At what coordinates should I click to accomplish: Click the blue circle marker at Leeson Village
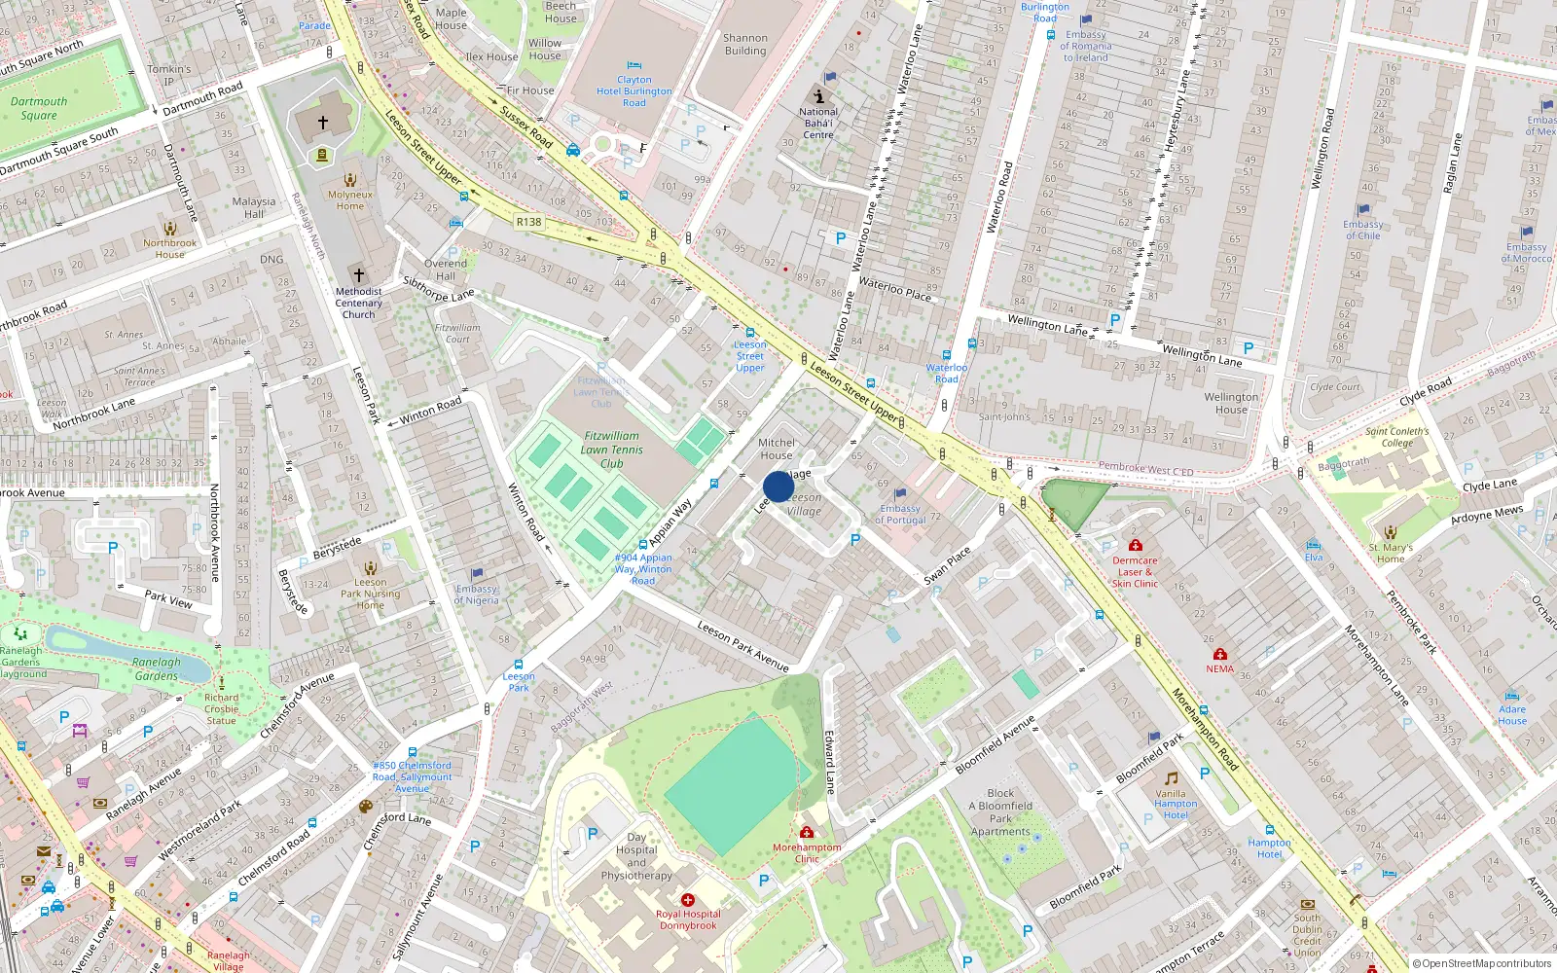[x=778, y=486]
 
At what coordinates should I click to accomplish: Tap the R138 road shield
[x=528, y=222]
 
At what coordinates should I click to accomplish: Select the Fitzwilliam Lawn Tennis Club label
[x=611, y=450]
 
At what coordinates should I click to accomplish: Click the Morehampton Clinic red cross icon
[x=807, y=832]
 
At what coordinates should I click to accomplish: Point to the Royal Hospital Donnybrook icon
[x=688, y=900]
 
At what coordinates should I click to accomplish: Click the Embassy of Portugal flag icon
[x=900, y=494]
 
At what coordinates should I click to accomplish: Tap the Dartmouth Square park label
[x=39, y=108]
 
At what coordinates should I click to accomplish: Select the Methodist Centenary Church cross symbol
[x=358, y=275]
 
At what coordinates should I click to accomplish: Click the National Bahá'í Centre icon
[x=819, y=95]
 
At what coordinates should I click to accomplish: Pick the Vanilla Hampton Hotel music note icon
[x=1172, y=778]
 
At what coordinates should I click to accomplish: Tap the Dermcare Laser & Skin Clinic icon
[x=1135, y=546]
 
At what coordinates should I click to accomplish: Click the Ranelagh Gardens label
[x=156, y=668]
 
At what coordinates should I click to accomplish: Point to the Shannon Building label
[x=745, y=45]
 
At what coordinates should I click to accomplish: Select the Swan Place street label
[x=947, y=565]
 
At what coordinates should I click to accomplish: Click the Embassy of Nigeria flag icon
[x=477, y=575]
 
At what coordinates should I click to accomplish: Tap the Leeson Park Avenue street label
[x=743, y=646]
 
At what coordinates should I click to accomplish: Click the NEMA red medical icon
[x=1220, y=655]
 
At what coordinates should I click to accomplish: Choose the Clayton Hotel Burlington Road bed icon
[x=634, y=66]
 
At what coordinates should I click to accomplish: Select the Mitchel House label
[x=777, y=449]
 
